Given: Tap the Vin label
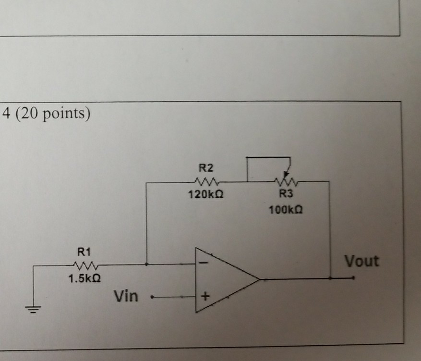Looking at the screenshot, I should pos(126,296).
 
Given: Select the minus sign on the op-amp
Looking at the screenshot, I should pos(204,264).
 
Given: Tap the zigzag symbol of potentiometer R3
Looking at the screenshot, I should pos(287,182).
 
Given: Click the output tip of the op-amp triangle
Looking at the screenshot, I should pos(260,279).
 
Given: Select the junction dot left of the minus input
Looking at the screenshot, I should pos(147,264).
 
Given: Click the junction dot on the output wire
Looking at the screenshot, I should pos(330,278).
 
